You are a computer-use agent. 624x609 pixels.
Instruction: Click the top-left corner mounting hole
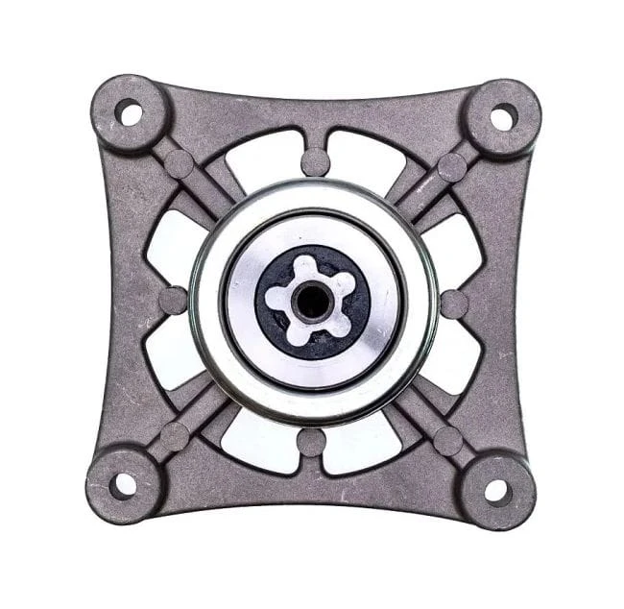[x=128, y=112]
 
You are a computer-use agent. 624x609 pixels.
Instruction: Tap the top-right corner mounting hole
[x=502, y=117]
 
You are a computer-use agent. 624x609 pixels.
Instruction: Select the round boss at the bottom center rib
[x=311, y=442]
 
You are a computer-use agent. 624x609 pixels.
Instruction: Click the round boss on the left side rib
[x=172, y=300]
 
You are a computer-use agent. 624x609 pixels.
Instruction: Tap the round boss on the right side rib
[x=454, y=304]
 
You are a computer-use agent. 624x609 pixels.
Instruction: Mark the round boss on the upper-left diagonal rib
[x=178, y=163]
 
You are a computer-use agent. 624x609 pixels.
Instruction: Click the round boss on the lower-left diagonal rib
[x=174, y=437]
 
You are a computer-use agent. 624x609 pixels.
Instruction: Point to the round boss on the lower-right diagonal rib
[x=447, y=441]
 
